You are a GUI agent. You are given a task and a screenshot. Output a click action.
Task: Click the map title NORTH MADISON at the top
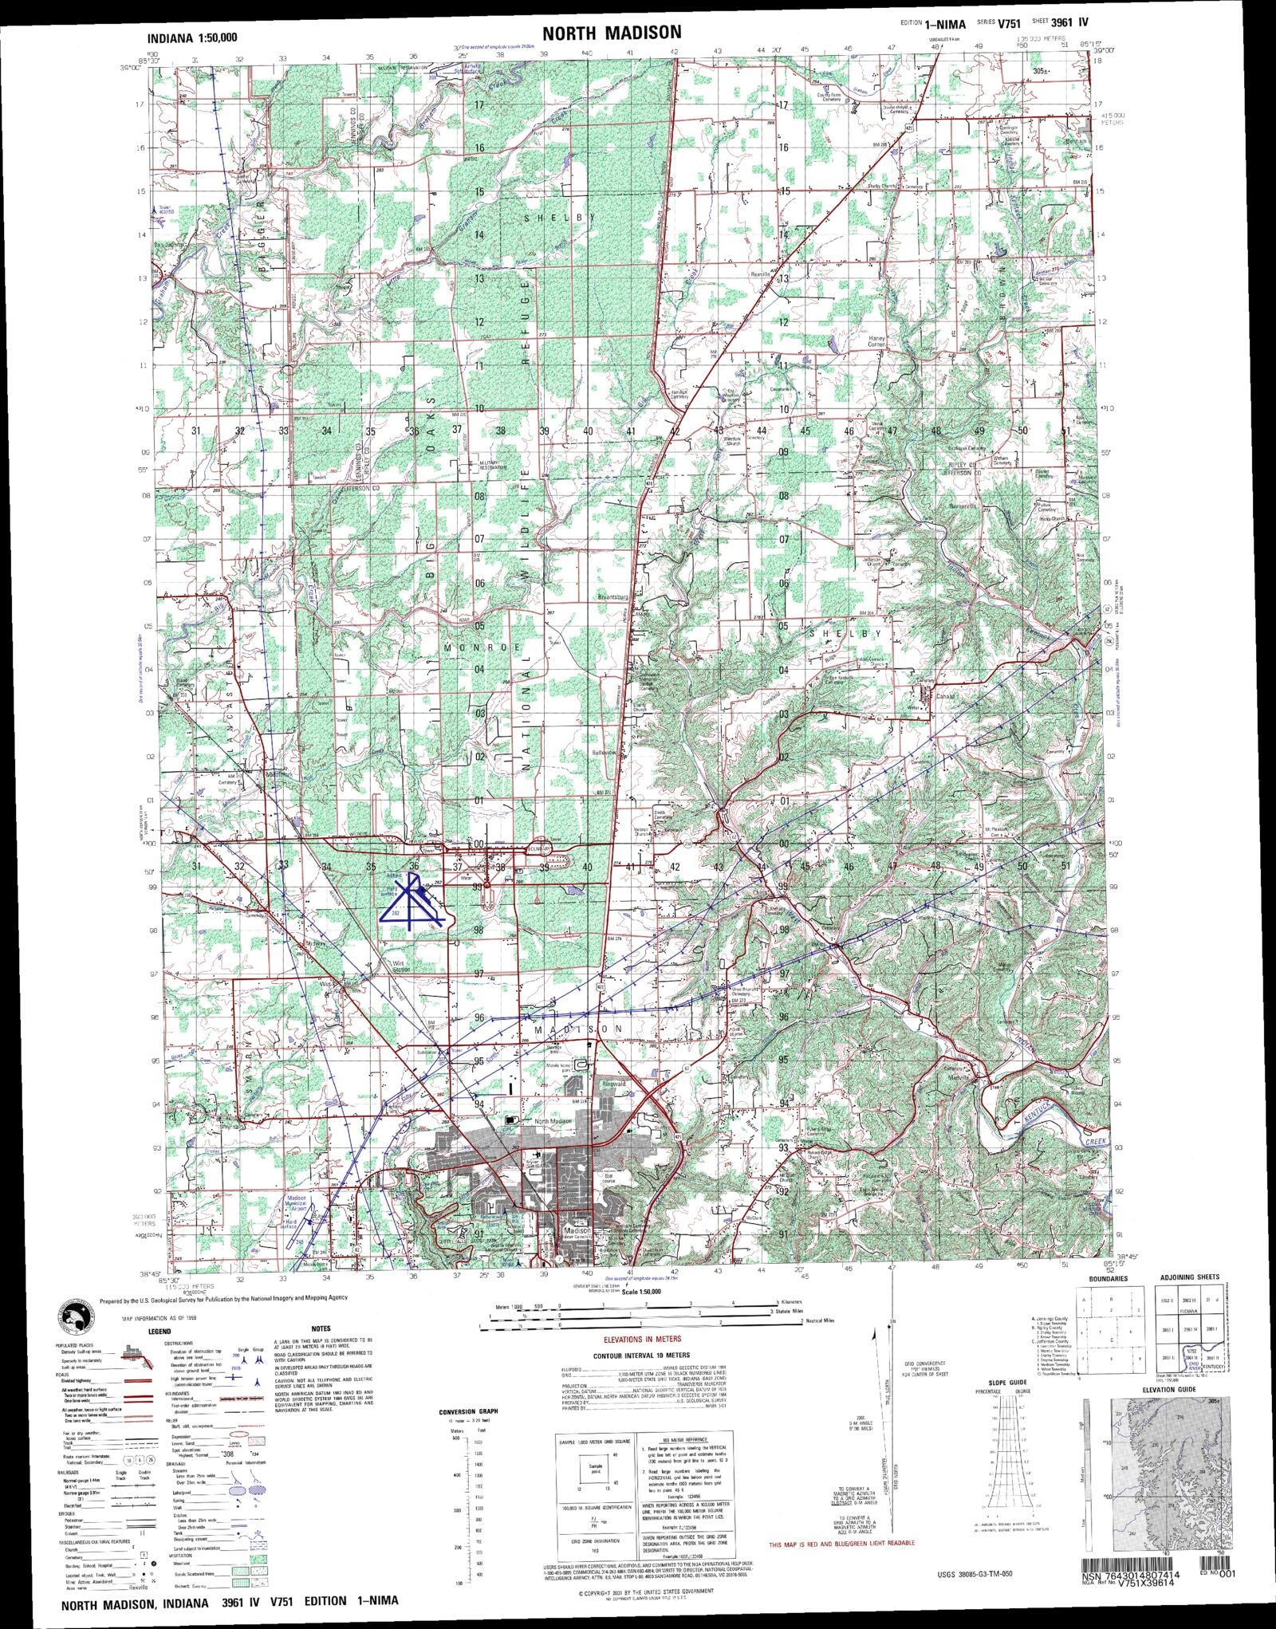coord(612,33)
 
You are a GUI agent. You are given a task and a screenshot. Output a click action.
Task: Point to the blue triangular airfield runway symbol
coord(411,902)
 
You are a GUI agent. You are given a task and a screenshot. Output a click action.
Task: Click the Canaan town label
coord(924,695)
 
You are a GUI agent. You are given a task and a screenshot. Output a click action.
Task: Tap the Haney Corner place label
coord(877,340)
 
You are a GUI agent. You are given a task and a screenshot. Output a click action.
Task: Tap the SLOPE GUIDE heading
coord(1006,1381)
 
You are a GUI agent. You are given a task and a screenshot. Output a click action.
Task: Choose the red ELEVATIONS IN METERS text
coord(641,1339)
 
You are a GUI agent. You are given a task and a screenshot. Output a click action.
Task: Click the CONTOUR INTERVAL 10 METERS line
coord(641,1356)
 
